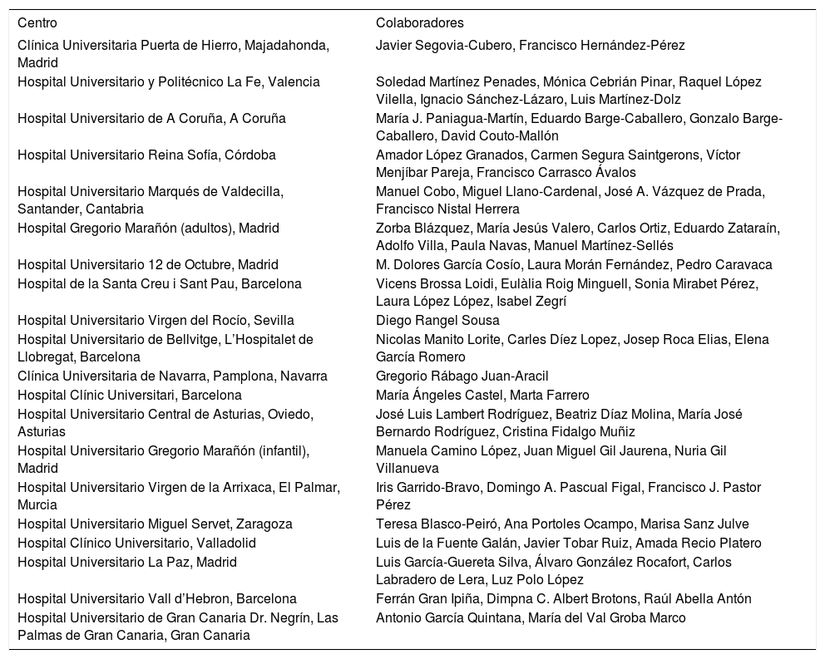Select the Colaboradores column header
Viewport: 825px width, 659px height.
pyautogui.click(x=419, y=22)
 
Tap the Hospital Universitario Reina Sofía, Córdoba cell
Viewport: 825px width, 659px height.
pyautogui.click(x=146, y=155)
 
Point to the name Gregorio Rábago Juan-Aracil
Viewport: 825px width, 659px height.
pyautogui.click(x=462, y=376)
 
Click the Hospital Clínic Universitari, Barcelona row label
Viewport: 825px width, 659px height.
pyautogui.click(x=130, y=395)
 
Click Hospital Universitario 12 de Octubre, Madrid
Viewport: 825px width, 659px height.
pyautogui.click(x=136, y=264)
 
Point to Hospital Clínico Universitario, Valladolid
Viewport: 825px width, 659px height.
pyautogui.click(x=136, y=543)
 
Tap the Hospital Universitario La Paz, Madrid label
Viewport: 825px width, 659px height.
pyautogui.click(x=127, y=562)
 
